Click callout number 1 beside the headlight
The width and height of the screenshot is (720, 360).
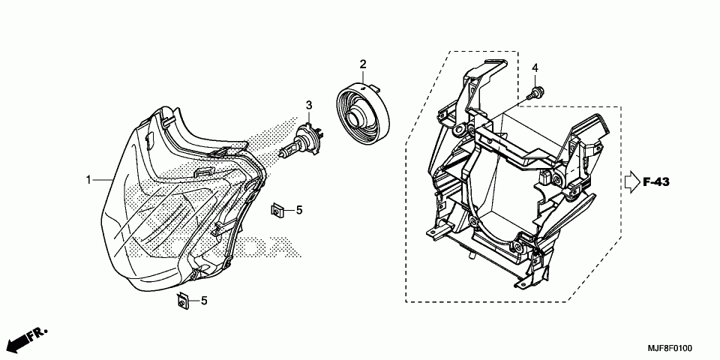(x=88, y=180)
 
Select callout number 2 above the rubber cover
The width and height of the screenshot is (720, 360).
(x=362, y=64)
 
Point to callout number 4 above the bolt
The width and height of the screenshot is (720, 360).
(x=535, y=68)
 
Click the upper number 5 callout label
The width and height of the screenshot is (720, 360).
(x=298, y=210)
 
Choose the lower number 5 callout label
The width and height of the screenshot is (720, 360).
(x=203, y=301)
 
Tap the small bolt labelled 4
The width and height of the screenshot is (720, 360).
(x=536, y=94)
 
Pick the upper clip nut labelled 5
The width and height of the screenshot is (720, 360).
(x=277, y=210)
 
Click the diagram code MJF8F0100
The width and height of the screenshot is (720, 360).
(x=670, y=349)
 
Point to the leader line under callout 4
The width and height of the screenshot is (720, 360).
(x=535, y=81)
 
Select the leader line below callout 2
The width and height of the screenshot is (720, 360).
(x=362, y=76)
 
